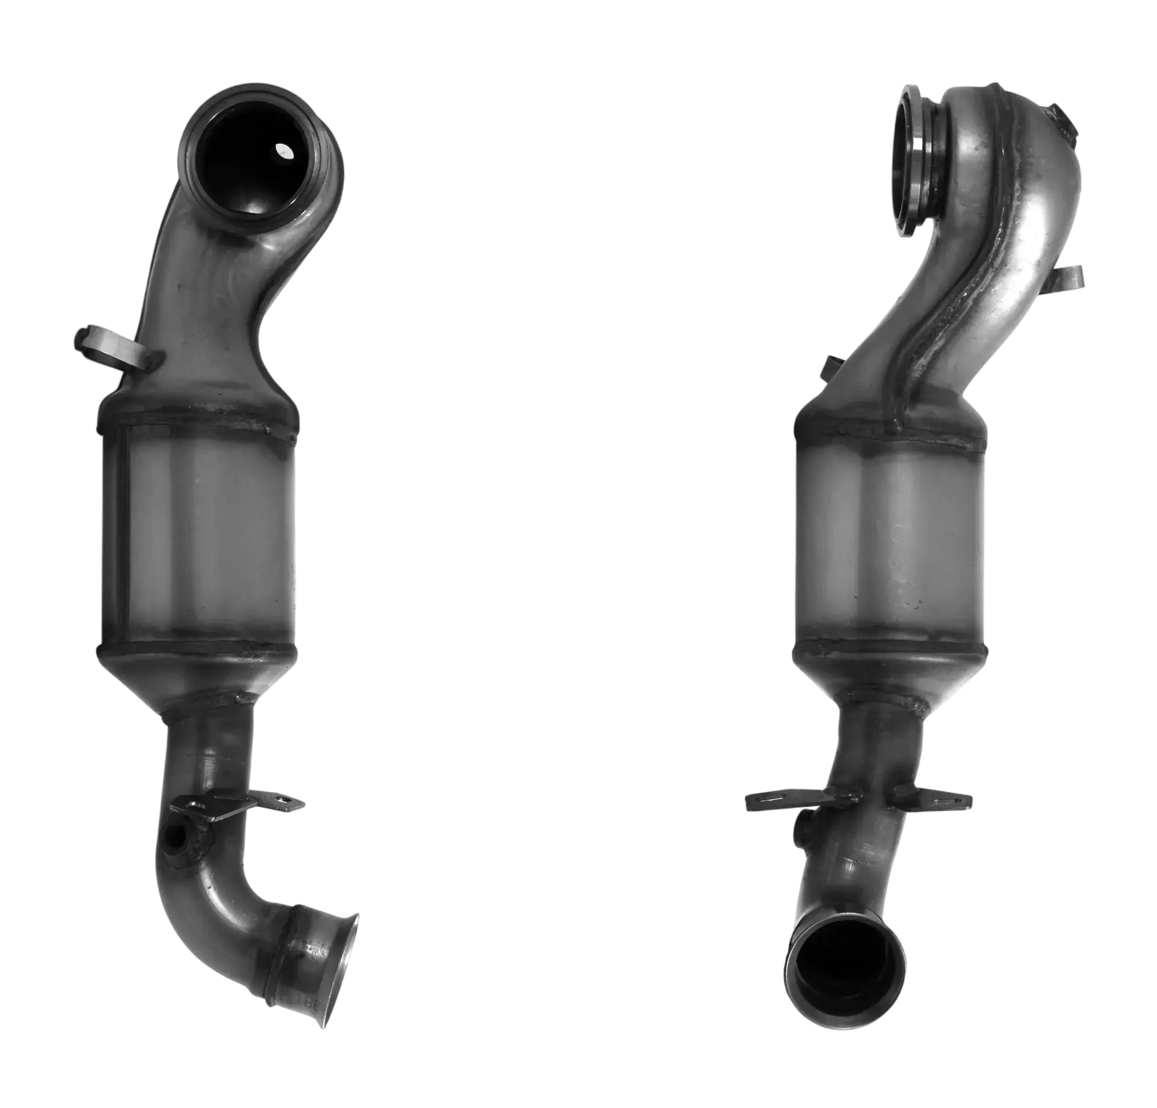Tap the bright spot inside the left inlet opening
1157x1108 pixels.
(286, 152)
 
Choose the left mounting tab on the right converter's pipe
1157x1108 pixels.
(779, 800)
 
